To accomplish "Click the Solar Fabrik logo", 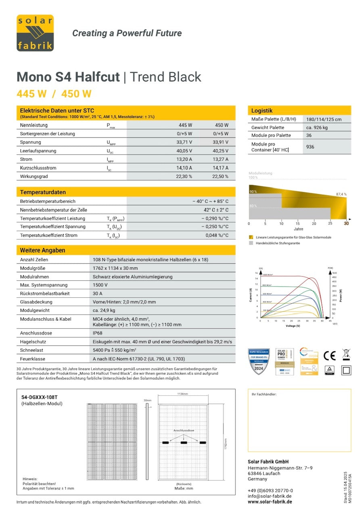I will tap(35, 33).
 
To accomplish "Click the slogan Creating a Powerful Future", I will tap(127, 33).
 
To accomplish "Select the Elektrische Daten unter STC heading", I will tap(57, 110).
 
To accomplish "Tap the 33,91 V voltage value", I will tap(220, 142).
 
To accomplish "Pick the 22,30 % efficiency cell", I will tap(184, 177).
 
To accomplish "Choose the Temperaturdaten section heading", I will tap(43, 192).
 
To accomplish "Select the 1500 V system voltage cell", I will tap(100, 285).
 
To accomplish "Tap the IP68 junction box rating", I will tap(98, 333).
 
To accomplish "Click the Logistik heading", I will tap(262, 110).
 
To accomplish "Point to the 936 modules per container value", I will tap(310, 147).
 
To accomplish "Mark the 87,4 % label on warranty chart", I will tap(341, 194).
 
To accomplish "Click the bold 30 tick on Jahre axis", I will tap(346, 223).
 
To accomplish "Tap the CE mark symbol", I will tap(329, 355).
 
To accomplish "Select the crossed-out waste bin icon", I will tap(346, 355).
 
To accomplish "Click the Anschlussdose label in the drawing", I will tap(184, 431).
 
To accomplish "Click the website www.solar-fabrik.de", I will tap(270, 502).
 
